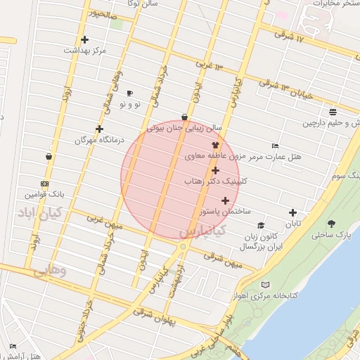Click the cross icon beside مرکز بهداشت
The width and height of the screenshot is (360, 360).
coord(85,39)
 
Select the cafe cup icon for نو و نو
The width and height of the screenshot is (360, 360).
coord(129,93)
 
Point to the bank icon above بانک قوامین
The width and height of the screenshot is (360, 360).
coord(45,183)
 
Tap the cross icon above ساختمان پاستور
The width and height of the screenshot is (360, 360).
coord(225,200)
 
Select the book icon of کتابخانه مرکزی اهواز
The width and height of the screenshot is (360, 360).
coord(265,284)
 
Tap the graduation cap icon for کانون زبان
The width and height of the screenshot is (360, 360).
coord(262,225)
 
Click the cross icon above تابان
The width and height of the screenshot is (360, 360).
coord(292,212)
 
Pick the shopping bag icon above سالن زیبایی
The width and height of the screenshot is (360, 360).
coord(184,117)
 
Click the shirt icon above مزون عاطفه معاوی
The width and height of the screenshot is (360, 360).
coord(205,145)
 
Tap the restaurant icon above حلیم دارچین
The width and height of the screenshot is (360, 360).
coord(332,112)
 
